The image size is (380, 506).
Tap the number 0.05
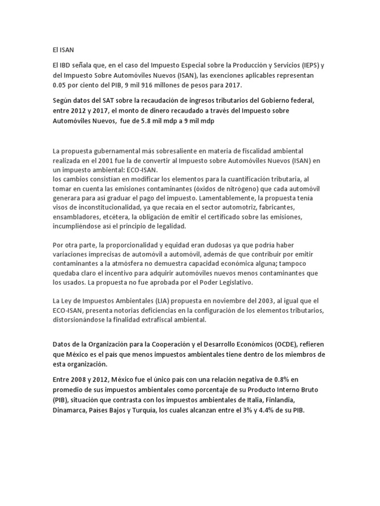click(x=61, y=85)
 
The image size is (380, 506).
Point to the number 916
click(x=152, y=85)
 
